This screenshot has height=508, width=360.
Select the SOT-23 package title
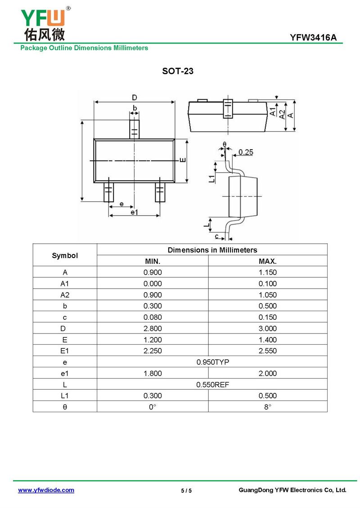(x=178, y=71)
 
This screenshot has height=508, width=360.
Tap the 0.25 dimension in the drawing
(x=246, y=152)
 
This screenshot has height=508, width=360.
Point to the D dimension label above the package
(x=134, y=98)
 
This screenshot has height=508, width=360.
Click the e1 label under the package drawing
(x=134, y=212)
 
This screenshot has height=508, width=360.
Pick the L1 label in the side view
(x=211, y=178)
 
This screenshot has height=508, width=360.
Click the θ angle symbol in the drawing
(x=224, y=145)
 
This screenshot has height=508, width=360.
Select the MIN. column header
(x=153, y=261)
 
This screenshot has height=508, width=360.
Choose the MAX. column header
(x=268, y=261)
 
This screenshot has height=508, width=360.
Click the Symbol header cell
(x=65, y=255)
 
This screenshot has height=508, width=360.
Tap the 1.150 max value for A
(x=268, y=272)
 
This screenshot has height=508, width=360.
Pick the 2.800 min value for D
(x=153, y=329)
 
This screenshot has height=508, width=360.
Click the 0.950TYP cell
(x=212, y=362)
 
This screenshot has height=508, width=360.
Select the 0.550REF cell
(x=212, y=385)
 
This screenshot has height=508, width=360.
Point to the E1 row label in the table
(x=65, y=351)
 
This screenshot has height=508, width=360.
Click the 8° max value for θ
(x=268, y=407)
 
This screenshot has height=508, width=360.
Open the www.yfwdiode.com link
(x=46, y=490)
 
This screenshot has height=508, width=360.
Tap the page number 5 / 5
(x=186, y=490)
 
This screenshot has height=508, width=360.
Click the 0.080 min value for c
(x=153, y=317)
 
